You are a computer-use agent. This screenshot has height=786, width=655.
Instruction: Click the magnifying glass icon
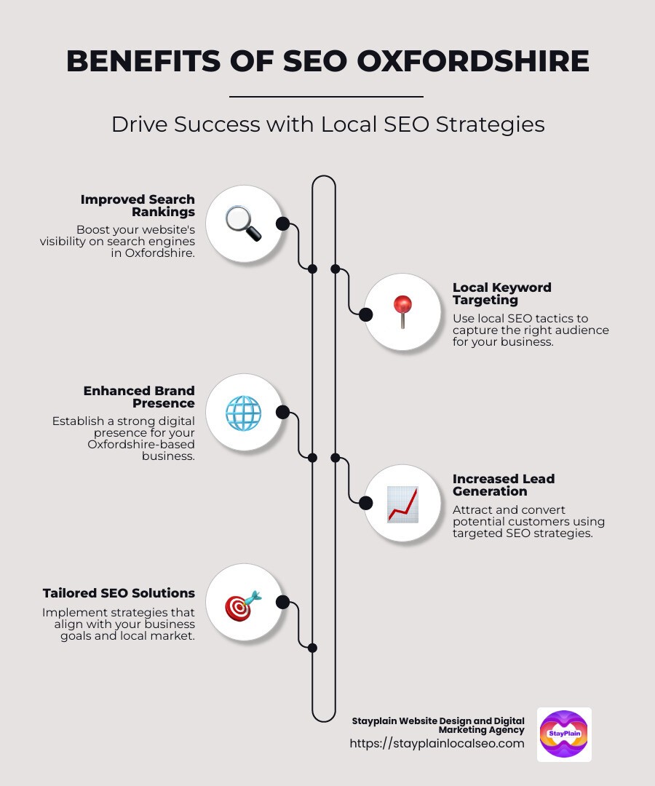click(243, 223)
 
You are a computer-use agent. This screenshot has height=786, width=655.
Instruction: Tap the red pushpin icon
click(402, 313)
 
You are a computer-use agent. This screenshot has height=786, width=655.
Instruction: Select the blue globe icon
click(243, 413)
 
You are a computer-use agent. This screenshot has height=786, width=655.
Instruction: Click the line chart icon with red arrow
click(402, 504)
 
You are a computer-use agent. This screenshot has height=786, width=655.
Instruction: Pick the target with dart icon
click(243, 603)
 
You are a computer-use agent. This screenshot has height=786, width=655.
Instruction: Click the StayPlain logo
click(564, 734)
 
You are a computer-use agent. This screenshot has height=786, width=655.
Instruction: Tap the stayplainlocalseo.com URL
click(437, 743)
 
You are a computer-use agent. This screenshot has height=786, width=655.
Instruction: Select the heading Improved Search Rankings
click(138, 205)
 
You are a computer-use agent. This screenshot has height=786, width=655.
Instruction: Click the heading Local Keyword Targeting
click(501, 293)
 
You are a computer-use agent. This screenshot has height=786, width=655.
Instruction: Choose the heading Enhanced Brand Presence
click(140, 397)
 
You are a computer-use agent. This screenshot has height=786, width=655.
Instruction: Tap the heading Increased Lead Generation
click(503, 485)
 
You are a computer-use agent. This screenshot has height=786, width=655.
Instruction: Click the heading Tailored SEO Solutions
click(119, 593)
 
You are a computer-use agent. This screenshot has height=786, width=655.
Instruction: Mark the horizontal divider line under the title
click(326, 96)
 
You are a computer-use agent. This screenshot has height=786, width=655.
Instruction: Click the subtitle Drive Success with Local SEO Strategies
click(327, 124)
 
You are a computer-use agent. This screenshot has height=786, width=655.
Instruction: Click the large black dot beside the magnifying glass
click(282, 223)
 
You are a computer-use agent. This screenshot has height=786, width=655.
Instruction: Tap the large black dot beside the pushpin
click(366, 314)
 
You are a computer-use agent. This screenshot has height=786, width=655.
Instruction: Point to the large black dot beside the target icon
click(282, 603)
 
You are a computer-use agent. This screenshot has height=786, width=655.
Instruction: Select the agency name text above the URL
click(438, 725)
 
